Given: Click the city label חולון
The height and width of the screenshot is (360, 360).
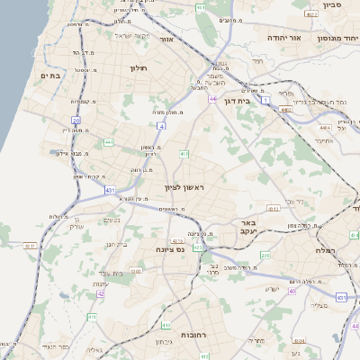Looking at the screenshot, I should coord(138,68).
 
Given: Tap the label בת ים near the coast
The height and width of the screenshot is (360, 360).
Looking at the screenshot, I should coord(49,76).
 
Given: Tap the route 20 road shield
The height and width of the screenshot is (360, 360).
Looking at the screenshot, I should coord(76,120).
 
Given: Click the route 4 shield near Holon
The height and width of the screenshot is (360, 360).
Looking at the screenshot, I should coord(160,126).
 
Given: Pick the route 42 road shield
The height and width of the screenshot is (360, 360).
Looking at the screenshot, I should coord(101,293).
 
